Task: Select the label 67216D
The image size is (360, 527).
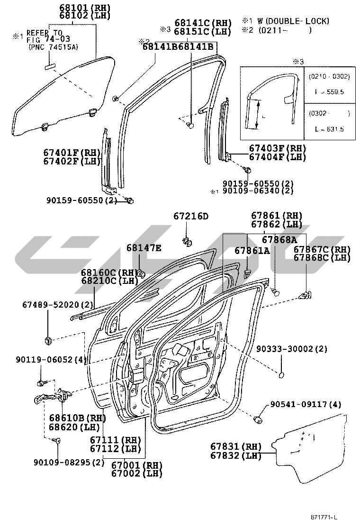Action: tap(190, 217)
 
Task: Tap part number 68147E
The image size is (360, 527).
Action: tap(144, 248)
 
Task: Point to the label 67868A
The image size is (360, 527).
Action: tap(279, 240)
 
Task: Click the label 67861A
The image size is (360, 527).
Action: tap(252, 250)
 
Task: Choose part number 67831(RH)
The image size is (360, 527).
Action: tap(236, 447)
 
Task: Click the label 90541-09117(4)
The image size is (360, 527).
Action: tap(306, 404)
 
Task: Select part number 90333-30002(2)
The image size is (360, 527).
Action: tap(292, 349)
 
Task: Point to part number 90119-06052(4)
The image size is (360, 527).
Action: tap(54, 360)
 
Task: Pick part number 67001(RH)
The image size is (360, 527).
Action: tap(137, 465)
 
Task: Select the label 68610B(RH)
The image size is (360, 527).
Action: tap(70, 418)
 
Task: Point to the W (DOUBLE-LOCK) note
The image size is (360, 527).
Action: tap(293, 21)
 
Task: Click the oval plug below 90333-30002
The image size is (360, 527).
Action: tap(282, 376)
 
